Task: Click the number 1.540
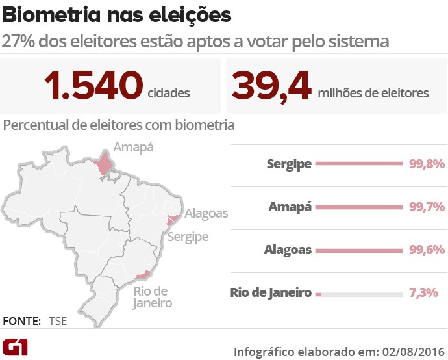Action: [93, 86]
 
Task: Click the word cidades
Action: [169, 93]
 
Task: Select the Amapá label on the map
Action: [133, 147]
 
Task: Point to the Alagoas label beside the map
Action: [206, 213]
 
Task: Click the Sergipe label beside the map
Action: [188, 237]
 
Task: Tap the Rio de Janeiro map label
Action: [152, 297]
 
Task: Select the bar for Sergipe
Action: [359, 164]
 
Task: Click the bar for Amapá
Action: [359, 207]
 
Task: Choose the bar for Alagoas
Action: [359, 250]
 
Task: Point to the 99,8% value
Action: [427, 164]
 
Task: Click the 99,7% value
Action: [427, 207]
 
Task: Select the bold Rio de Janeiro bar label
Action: [271, 293]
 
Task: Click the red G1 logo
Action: [15, 346]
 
